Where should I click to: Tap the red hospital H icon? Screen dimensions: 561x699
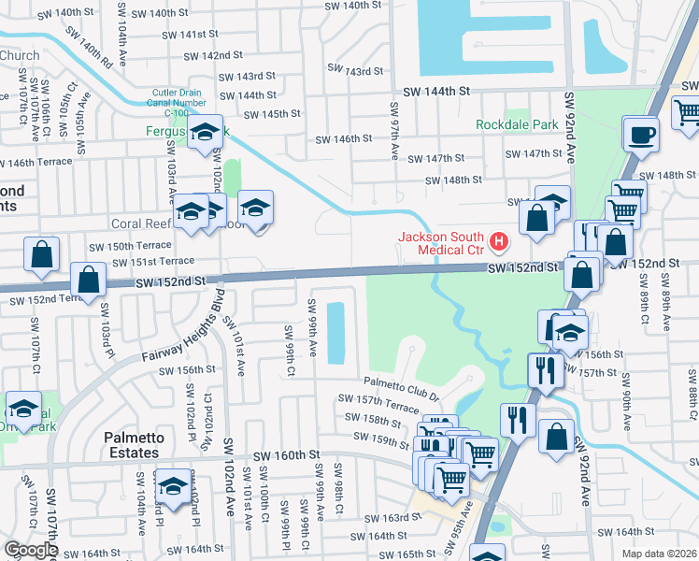click(499, 243)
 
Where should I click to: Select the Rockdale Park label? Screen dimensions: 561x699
click(517, 123)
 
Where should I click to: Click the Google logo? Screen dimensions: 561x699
click(31, 550)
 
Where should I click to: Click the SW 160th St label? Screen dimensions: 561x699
click(288, 454)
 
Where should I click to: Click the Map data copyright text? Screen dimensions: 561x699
click(660, 554)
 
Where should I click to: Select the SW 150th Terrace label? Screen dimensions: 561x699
click(130, 246)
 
